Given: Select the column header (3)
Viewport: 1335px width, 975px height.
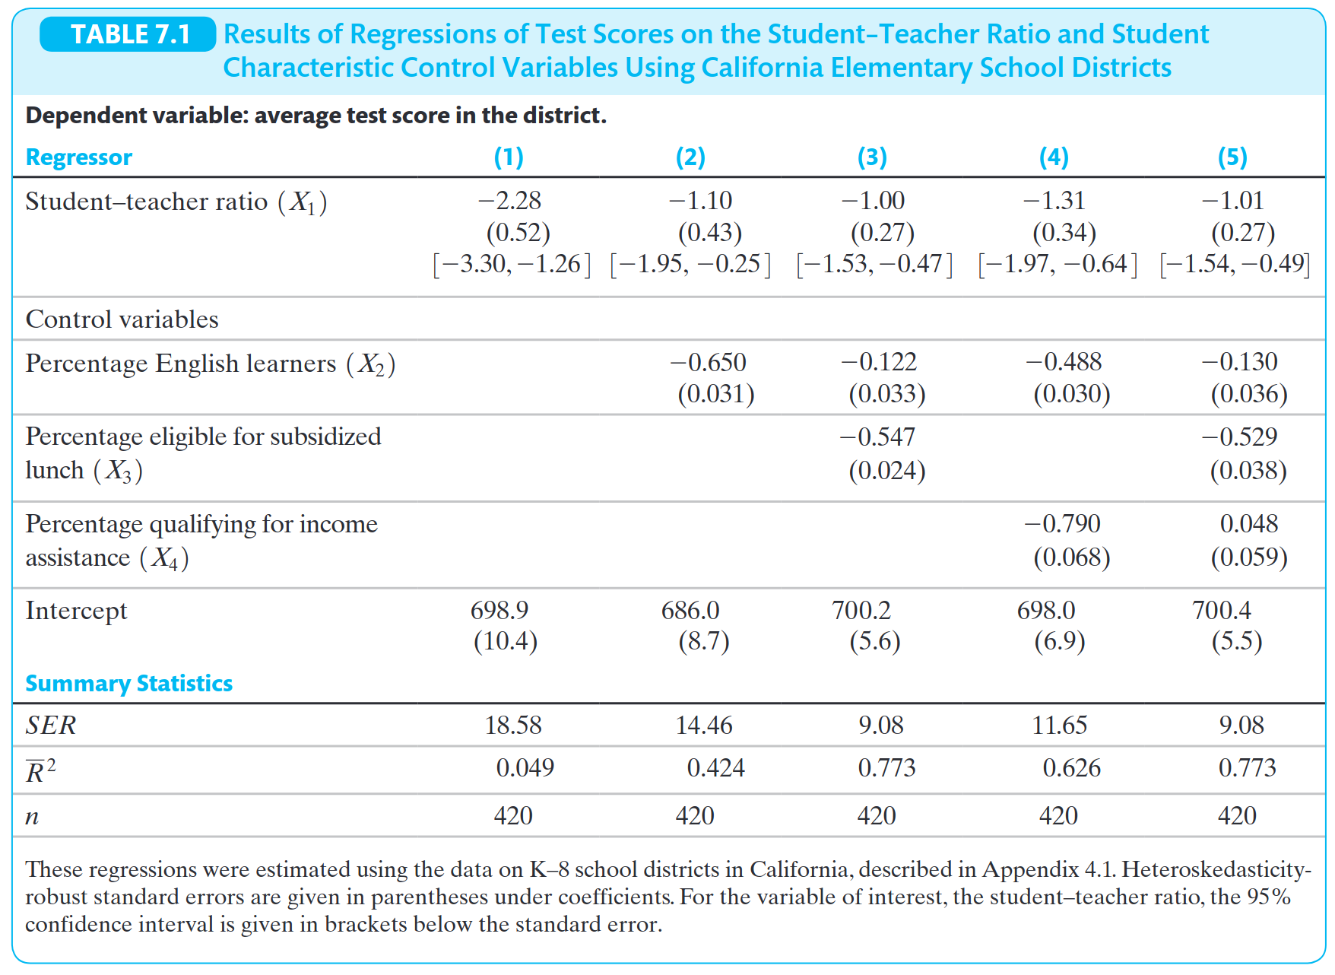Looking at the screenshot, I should coord(872,157).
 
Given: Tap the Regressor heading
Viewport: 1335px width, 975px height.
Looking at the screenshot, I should coord(79,157).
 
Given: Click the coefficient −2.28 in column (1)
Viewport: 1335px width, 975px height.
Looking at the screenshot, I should coord(509,201).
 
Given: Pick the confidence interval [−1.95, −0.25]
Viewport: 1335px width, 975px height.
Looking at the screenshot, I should coord(690,264).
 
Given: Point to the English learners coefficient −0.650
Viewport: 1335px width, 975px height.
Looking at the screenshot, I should coord(708,362).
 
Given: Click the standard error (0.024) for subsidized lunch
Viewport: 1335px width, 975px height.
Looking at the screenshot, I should coord(886,471).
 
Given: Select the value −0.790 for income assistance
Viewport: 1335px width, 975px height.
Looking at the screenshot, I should coord(1062,524).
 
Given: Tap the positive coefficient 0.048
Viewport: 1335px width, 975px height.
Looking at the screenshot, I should coord(1248,524).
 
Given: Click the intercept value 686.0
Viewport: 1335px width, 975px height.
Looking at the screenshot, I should coord(690,611).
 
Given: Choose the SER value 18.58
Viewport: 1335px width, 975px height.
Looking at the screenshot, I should coord(513,726).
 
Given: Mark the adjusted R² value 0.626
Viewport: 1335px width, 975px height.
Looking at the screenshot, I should coord(1071,768).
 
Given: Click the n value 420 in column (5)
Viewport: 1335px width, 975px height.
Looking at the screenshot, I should coord(1237,816).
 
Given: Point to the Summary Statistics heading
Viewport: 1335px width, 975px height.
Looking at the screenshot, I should coord(129,684).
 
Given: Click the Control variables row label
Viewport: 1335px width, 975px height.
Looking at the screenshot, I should coord(122,319).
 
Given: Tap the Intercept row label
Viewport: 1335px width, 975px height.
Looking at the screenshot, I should coord(76,611).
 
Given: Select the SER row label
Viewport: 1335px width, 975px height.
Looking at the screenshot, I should coord(51,726).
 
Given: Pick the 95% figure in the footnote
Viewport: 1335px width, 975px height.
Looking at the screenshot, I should coord(1269,897).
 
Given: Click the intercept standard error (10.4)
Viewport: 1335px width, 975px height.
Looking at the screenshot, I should coord(506,642).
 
